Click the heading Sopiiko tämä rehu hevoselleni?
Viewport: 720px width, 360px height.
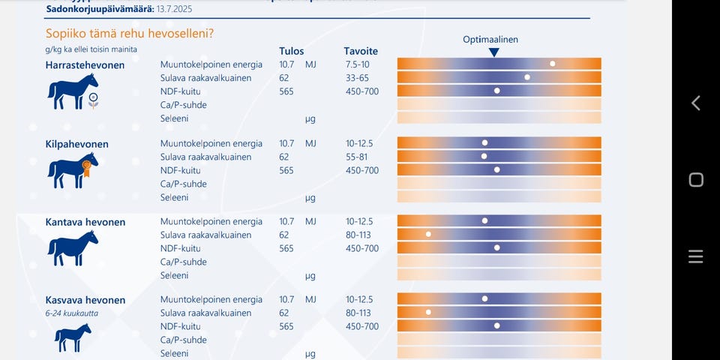point(130,33)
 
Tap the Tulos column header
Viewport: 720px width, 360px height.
point(291,51)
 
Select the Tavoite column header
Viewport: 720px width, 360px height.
point(361,51)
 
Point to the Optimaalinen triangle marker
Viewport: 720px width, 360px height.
point(493,52)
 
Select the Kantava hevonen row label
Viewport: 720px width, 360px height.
point(85,222)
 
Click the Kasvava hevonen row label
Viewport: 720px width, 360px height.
point(85,300)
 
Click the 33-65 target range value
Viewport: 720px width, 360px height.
point(358,78)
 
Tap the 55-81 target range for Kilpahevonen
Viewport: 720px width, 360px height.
point(358,157)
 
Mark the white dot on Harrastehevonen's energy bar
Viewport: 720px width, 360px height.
point(553,64)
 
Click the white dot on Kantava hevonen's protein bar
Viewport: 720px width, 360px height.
point(428,234)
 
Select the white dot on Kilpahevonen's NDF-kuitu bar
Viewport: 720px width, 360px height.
point(496,169)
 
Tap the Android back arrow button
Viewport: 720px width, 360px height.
point(695,103)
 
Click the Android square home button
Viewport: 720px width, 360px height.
point(695,179)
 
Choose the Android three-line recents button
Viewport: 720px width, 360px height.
point(695,257)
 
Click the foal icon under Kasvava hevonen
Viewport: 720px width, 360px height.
point(73,337)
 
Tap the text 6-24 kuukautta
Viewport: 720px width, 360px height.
point(71,313)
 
